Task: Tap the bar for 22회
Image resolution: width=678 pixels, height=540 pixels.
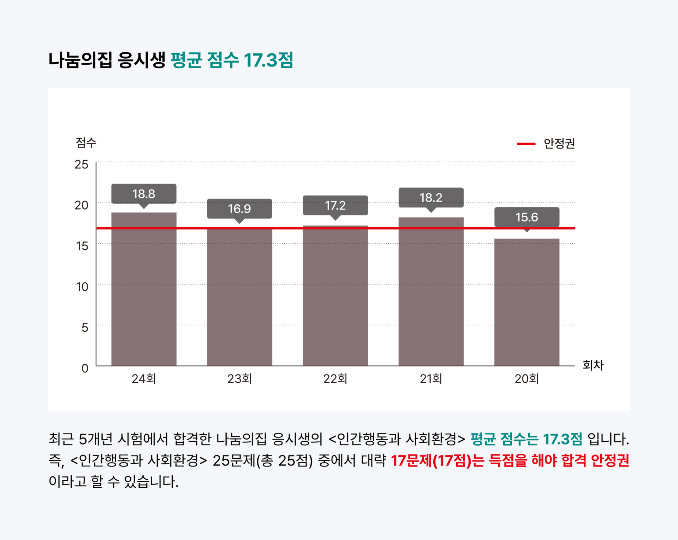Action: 335,295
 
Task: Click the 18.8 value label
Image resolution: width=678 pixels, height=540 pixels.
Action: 144,194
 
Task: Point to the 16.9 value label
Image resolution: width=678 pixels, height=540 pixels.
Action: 239,209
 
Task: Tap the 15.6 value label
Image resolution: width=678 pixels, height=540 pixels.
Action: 527,217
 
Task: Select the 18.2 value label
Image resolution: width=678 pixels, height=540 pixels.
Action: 431,197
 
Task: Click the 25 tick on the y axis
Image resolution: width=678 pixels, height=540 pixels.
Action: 82,164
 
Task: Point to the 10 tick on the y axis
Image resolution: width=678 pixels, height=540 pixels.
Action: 82,287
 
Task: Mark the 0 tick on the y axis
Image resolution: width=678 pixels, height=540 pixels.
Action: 85,368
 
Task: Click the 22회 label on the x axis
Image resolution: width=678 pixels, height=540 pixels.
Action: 335,379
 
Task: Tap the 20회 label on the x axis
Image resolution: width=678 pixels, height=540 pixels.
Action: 527,379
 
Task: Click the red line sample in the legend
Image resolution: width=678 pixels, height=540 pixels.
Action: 526,144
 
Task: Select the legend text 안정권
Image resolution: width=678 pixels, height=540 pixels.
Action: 559,144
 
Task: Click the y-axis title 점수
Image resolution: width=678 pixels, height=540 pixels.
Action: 86,143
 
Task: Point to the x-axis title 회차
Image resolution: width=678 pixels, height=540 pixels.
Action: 593,365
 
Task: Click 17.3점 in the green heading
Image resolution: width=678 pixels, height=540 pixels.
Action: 268,60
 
